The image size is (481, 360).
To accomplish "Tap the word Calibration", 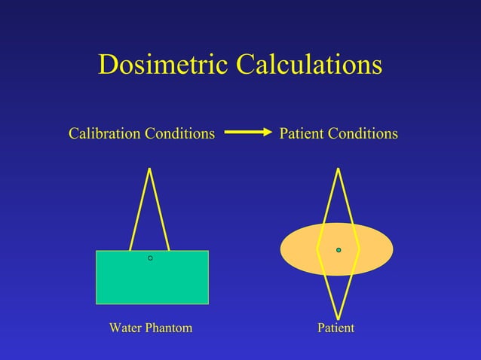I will (103, 134).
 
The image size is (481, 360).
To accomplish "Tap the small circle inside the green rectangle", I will (150, 258).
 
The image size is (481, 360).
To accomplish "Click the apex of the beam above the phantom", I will (150, 169).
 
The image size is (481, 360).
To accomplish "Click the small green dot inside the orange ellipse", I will (339, 249).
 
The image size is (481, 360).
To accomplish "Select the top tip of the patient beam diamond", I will (339, 169).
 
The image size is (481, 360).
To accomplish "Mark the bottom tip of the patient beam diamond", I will (339, 319).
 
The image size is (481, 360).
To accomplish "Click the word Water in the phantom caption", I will (127, 328).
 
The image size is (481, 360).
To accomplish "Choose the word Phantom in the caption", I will (170, 328).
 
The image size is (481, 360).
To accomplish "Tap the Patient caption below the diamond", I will (336, 328).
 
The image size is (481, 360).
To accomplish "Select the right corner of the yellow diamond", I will (360, 248).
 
